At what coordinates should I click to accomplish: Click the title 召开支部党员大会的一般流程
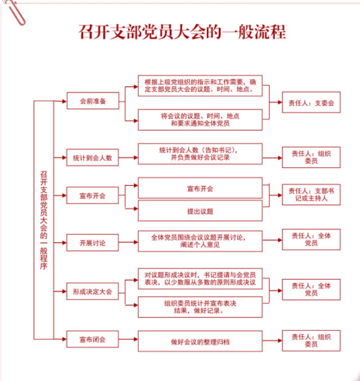[182, 32]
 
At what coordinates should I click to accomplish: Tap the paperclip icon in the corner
[15, 12]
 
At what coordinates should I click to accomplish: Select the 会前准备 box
[93, 101]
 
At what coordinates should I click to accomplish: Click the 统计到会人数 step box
[93, 158]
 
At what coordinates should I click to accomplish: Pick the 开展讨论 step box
[93, 243]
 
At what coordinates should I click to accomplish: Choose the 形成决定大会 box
[93, 291]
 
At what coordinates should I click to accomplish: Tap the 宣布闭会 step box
[93, 339]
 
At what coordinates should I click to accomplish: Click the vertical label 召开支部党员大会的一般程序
[44, 220]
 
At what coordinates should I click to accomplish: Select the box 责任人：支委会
[311, 103]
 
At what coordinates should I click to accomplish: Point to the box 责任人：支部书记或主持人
[311, 195]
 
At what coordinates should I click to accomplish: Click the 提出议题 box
[200, 211]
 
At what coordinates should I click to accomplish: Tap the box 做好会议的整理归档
[200, 341]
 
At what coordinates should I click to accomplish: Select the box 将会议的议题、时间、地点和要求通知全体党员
[200, 120]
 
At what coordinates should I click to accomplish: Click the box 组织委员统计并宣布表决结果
[200, 307]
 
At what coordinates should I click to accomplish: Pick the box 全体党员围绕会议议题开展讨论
[200, 241]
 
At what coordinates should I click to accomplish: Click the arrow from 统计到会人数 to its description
[128, 158]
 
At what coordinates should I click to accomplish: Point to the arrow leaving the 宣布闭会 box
[128, 339]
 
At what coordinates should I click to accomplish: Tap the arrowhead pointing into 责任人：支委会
[280, 103]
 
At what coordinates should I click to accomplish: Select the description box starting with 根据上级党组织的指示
[200, 86]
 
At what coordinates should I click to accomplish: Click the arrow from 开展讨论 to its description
[128, 242]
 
